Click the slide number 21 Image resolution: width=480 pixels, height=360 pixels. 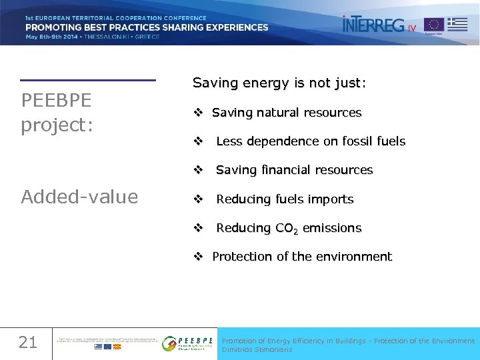click(x=27, y=343)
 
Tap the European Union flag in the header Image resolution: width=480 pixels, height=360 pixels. click(x=434, y=25)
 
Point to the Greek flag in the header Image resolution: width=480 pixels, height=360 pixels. click(x=457, y=24)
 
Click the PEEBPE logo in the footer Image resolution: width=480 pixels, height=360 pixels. click(x=188, y=343)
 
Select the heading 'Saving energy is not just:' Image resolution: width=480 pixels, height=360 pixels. click(x=279, y=83)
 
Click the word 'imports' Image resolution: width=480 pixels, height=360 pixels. click(x=333, y=199)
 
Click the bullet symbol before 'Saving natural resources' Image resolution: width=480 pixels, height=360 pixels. click(x=198, y=113)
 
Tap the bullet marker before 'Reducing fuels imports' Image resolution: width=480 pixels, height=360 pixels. click(x=198, y=199)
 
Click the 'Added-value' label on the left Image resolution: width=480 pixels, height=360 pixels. click(x=79, y=197)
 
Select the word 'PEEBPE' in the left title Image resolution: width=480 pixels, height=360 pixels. click(x=57, y=100)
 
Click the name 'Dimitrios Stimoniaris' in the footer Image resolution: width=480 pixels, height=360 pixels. click(x=257, y=349)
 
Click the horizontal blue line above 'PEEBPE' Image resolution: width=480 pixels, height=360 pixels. click(x=87, y=80)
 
